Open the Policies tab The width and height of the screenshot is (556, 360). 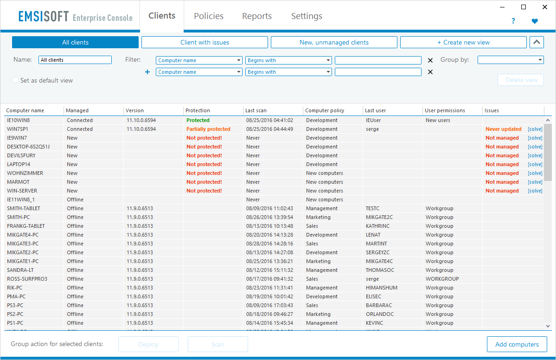pos(209,16)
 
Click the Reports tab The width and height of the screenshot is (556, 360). pos(257,16)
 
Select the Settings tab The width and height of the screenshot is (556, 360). pos(307,16)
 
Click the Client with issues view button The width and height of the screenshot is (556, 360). pos(205,42)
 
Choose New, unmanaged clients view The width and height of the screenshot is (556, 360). pos(334,42)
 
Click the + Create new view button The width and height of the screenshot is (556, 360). pos(463,42)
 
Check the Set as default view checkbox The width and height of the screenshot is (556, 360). pos(16,80)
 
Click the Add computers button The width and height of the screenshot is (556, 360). pos(517,344)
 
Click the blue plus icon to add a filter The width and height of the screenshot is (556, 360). pos(147,72)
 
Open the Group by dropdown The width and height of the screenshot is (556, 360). pos(511,60)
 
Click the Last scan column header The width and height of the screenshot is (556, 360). pos(256,111)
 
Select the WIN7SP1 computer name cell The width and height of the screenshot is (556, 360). pos(17,129)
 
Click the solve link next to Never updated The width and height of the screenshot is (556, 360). pos(535,129)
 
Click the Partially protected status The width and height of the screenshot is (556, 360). pos(208,129)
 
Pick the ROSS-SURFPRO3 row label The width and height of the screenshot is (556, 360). pos(27,279)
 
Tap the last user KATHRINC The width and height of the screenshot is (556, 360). pos(377,226)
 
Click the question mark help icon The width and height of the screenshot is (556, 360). pos(513,21)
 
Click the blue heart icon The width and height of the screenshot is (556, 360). pos(535,21)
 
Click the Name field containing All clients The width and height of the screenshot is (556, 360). pos(75,60)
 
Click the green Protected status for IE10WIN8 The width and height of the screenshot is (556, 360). pos(198,120)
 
